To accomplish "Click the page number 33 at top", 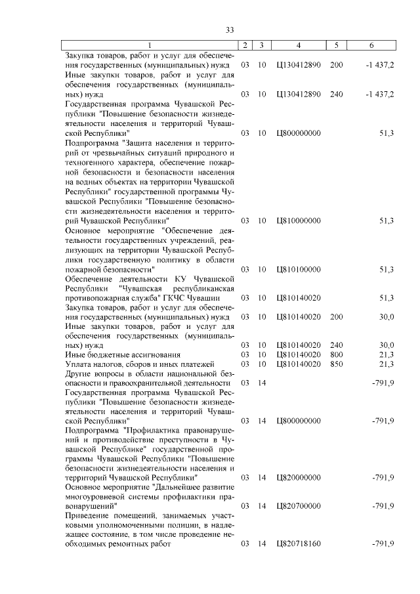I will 230,30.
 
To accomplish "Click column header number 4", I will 299,45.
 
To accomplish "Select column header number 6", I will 371,45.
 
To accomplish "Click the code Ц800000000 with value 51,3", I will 299,133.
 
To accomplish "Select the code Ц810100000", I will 299,269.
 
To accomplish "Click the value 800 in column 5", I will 336,354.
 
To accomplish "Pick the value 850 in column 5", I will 336,364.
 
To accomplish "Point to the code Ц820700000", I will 299,506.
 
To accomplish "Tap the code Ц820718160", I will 299,544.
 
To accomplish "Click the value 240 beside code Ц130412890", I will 336,95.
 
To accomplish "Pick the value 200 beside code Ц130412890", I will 336,66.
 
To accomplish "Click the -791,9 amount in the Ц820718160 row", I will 382,544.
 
